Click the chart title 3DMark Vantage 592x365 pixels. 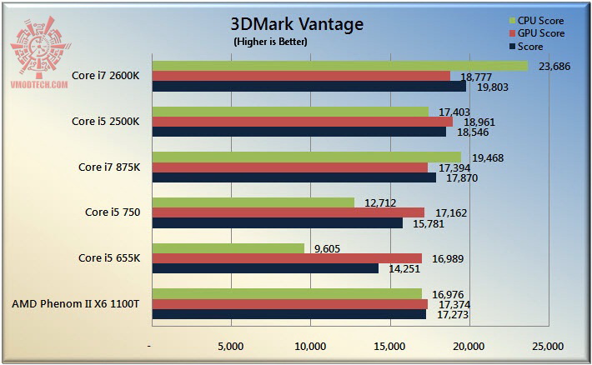pos(297,24)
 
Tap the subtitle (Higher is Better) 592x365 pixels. pos(270,42)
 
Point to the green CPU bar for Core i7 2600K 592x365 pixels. pos(339,66)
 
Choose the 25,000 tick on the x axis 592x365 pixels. pos(548,346)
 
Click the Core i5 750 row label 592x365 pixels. pos(113,212)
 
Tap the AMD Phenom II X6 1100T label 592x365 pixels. pos(76,304)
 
